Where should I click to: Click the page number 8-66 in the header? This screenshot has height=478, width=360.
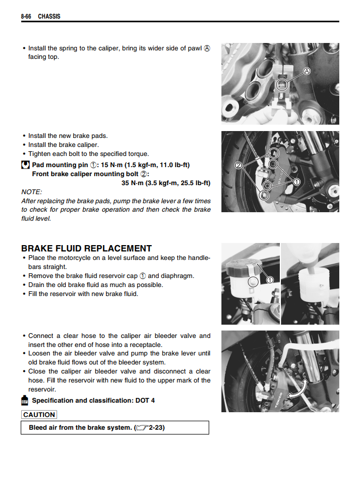coord(26,16)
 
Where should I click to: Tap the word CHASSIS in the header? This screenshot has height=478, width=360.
coord(49,16)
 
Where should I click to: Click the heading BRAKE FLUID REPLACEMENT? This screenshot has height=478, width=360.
coord(87,248)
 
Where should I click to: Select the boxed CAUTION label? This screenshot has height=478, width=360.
coord(39,415)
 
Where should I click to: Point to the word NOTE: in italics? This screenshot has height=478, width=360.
coord(31,192)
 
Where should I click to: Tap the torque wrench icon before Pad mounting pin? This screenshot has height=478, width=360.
coord(25,164)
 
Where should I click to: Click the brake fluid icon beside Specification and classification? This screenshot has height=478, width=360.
coord(25,400)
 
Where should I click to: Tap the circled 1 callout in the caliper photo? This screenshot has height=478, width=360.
coord(296,181)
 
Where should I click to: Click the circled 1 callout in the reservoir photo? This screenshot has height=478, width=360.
coord(269,280)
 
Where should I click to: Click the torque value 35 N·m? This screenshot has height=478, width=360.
coord(135,183)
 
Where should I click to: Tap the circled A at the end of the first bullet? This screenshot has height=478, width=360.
coord(207,48)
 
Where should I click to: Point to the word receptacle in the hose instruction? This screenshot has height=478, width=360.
coord(140,345)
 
